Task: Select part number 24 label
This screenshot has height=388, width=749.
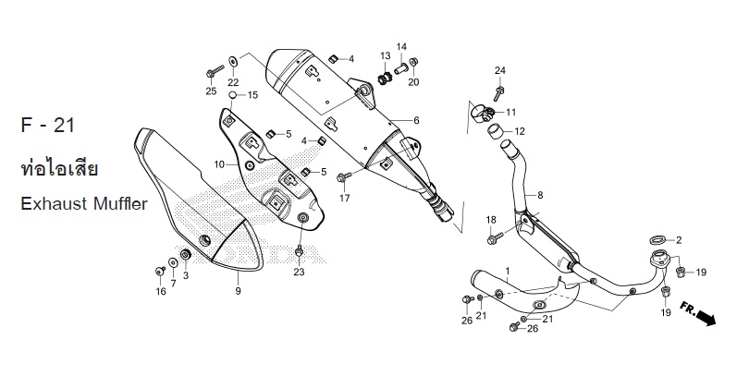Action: point(500,71)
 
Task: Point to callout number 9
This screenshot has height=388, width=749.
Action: point(238,291)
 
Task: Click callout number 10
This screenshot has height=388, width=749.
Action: point(219,164)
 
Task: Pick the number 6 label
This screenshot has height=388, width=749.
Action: point(416,121)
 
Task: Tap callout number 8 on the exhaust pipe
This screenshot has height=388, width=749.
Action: point(540,195)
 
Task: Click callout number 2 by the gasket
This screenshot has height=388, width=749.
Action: point(679,240)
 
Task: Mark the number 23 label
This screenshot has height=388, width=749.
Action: point(299,272)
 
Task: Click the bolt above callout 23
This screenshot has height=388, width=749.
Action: point(299,251)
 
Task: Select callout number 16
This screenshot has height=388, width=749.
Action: point(160,292)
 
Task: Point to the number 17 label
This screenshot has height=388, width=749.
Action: point(345,199)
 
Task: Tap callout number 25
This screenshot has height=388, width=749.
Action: point(211,91)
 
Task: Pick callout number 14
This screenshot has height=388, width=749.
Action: point(401,46)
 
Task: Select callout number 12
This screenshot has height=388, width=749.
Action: point(520,131)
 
